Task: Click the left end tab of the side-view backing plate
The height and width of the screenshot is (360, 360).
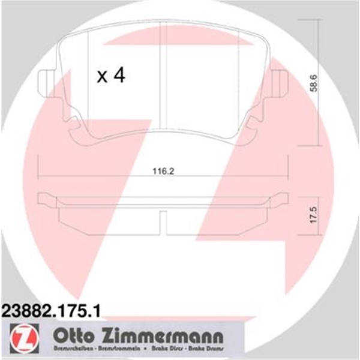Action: click(46, 198)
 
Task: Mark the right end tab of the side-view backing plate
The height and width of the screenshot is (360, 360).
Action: click(281, 198)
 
